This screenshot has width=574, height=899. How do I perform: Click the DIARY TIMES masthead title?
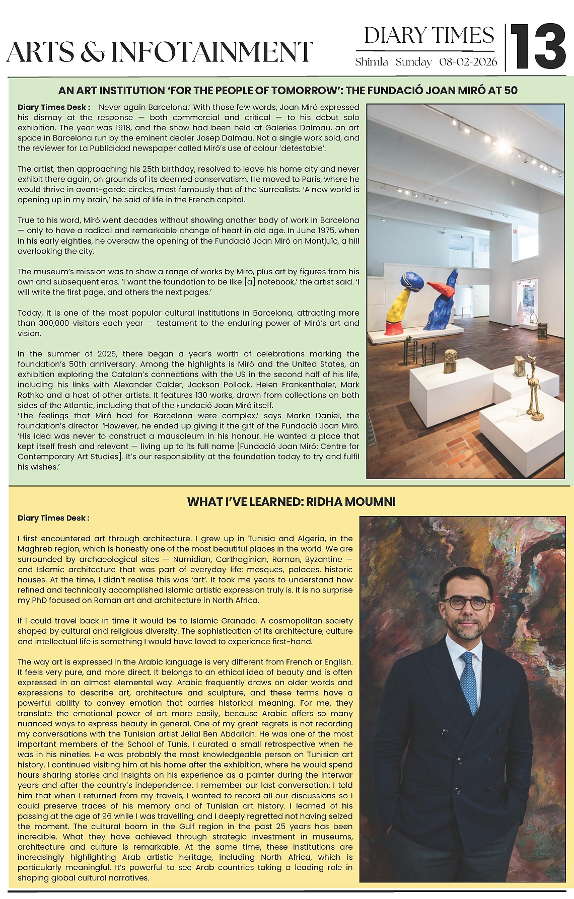[x=429, y=36]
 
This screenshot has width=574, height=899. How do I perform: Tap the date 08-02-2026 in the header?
[x=468, y=62]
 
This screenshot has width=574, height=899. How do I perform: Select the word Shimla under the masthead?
[x=372, y=62]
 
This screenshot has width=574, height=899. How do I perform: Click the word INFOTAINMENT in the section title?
[x=212, y=52]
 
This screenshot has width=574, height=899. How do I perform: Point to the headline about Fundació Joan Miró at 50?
[x=288, y=91]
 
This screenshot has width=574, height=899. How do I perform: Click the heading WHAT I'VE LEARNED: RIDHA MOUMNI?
[x=291, y=501]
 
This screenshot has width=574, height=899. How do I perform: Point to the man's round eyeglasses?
[x=466, y=603]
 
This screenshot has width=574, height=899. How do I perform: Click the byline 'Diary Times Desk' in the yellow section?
[x=53, y=518]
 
